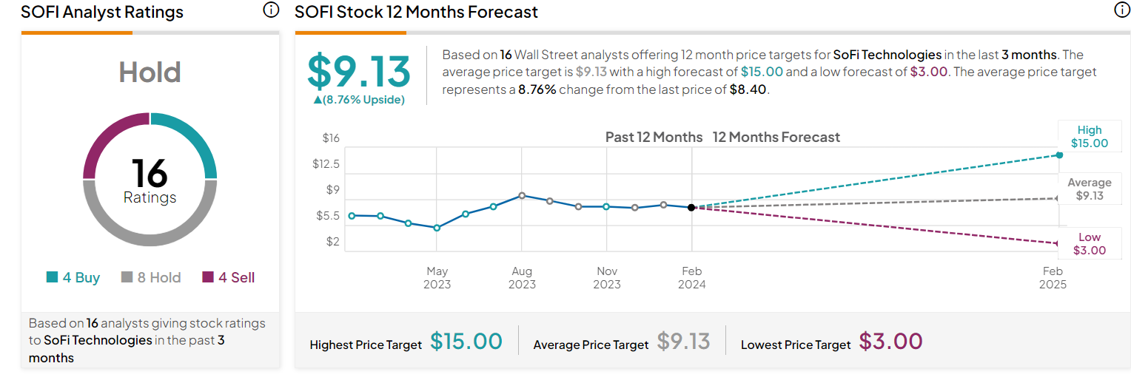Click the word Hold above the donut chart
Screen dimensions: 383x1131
coord(150,72)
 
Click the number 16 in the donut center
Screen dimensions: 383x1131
coord(150,173)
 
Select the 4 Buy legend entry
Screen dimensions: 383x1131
coord(73,278)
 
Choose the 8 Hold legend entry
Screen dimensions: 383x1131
coord(150,278)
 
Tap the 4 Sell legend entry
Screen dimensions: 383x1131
coord(228,278)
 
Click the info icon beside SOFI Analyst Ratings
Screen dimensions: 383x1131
coord(271,10)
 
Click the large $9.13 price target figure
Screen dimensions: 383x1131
coord(359,72)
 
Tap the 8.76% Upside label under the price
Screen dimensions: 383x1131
coord(359,100)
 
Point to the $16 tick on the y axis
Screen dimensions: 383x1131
coord(331,138)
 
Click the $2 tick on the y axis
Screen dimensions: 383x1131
coord(332,242)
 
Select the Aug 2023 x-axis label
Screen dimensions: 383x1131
coord(522,278)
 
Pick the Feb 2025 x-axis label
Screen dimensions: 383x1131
coord(1053,278)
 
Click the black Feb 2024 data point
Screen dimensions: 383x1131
coord(691,208)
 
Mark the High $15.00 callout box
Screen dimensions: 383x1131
coord(1089,137)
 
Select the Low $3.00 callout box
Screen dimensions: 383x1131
coord(1089,244)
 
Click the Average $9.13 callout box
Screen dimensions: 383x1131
coord(1089,189)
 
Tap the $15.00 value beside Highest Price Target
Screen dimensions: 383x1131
coord(466,342)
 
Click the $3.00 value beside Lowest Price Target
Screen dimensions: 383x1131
coord(890,342)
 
